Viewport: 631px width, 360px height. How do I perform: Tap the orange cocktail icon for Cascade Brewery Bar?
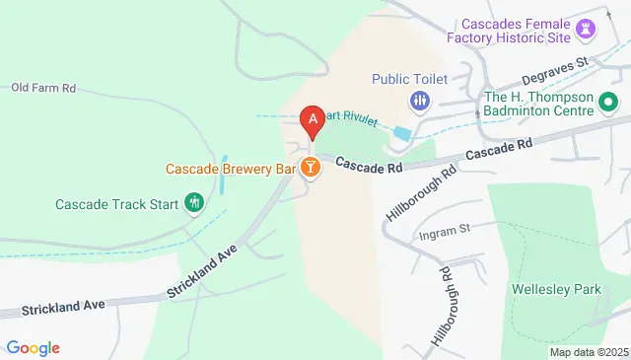[x=312, y=169]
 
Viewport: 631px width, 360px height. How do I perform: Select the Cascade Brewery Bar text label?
[x=231, y=170]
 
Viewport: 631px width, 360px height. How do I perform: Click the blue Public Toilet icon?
[x=419, y=101]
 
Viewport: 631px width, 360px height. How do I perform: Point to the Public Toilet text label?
[x=410, y=79]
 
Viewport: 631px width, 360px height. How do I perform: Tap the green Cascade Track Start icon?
[x=194, y=204]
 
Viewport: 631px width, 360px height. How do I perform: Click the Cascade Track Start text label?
[x=116, y=205]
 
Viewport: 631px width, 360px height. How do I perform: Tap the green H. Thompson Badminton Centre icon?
[x=609, y=102]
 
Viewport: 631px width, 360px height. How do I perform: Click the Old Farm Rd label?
[x=43, y=88]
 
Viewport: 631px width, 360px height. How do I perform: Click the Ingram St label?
[x=446, y=228]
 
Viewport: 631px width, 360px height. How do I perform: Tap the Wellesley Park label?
[x=544, y=290]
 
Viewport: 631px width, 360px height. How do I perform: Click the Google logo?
[x=33, y=347]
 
